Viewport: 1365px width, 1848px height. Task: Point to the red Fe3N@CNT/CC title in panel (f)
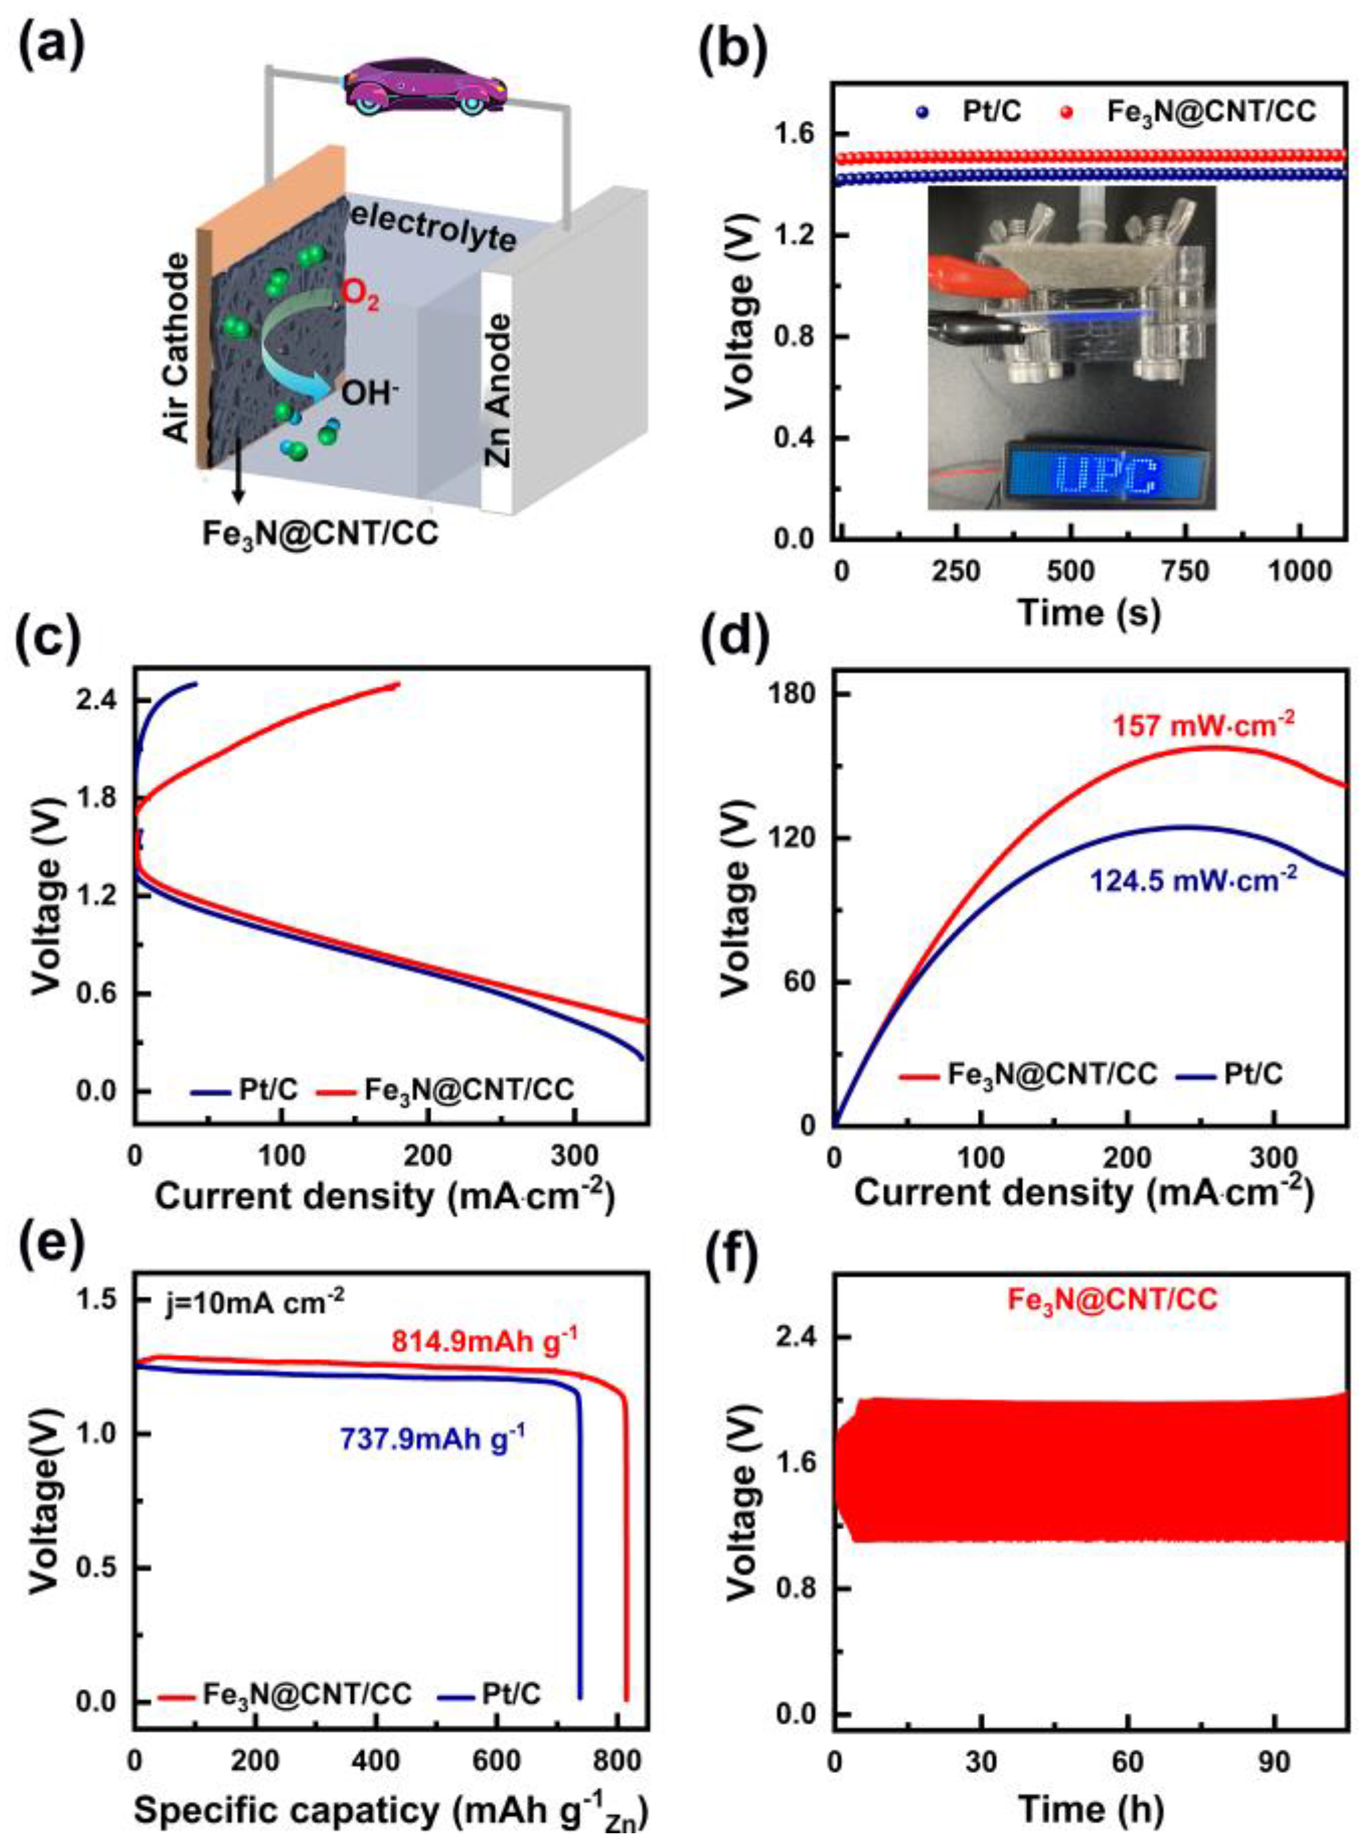(x=1111, y=1300)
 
